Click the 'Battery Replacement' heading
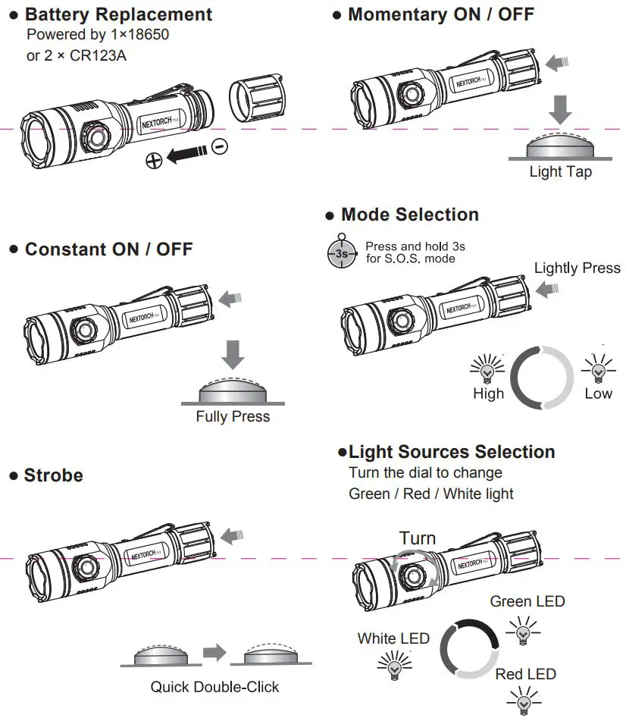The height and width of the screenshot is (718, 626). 118,14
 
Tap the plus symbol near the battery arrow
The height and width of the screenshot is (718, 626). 155,160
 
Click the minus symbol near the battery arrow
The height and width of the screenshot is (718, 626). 220,147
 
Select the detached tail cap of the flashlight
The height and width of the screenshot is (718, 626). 258,99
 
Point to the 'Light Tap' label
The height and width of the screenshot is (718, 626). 560,172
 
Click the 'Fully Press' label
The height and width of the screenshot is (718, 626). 233,416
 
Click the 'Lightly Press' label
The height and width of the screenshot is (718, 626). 577,268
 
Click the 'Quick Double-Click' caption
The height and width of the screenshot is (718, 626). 214,687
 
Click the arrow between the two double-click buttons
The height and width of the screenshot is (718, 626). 215,652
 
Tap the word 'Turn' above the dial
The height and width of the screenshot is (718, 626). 418,538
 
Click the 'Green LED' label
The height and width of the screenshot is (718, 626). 527,601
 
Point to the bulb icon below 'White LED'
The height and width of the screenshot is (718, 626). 394,665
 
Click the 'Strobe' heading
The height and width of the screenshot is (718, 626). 54,475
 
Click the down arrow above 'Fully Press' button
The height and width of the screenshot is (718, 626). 233,355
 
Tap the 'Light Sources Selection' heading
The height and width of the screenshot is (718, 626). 452,452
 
